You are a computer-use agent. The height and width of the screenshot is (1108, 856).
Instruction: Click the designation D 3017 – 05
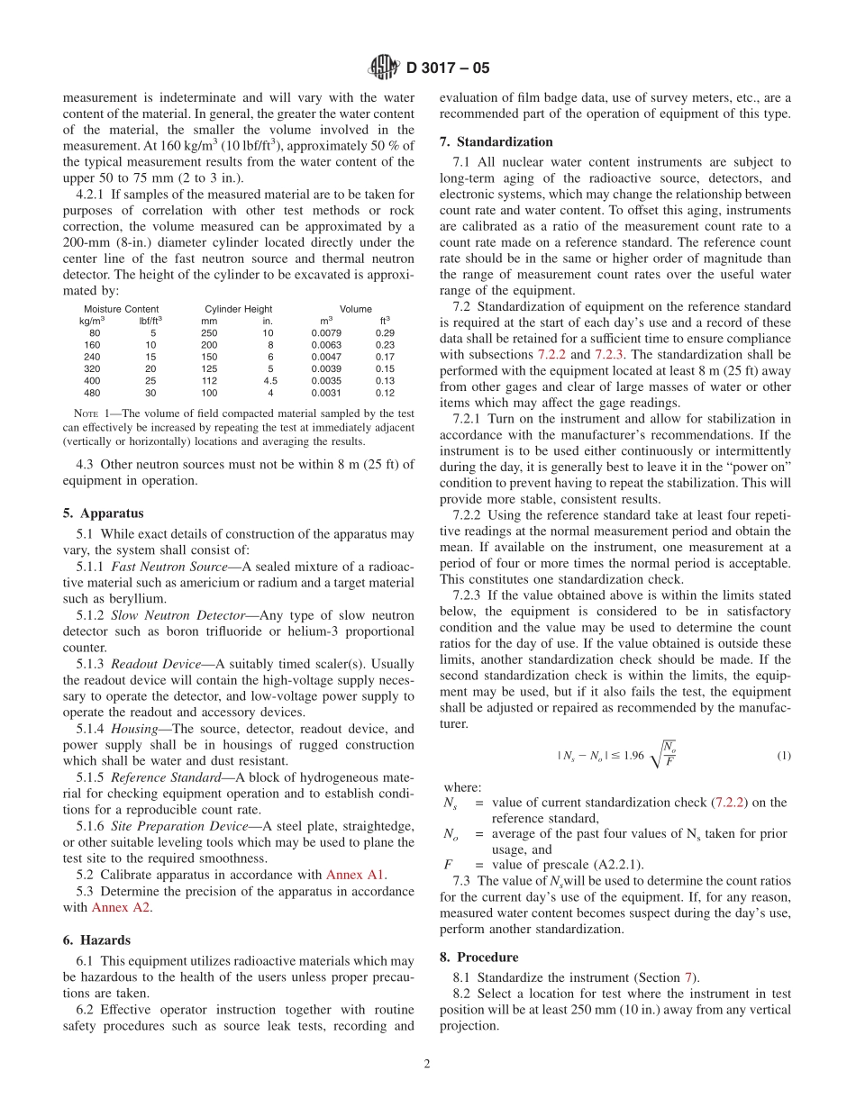(448, 68)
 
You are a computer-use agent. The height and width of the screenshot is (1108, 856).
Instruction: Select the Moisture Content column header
(121, 309)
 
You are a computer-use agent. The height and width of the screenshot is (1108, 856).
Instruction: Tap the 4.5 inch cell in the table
(269, 380)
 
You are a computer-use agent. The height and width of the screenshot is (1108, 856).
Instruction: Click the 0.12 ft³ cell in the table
(385, 393)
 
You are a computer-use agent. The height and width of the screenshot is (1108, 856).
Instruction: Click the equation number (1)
(783, 756)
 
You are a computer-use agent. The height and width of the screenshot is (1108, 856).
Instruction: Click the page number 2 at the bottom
(427, 1063)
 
